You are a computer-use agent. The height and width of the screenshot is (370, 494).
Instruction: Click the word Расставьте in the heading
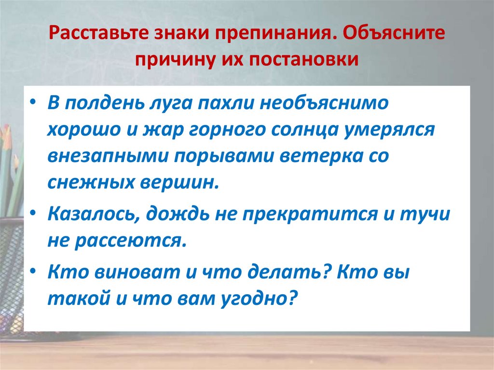[98, 33]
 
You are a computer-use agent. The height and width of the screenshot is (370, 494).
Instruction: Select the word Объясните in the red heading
[390, 33]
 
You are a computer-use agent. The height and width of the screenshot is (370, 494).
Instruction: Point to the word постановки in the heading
[303, 59]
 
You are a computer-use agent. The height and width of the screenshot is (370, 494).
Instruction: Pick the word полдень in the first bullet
[106, 103]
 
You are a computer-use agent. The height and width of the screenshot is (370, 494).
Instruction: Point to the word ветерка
[321, 157]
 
